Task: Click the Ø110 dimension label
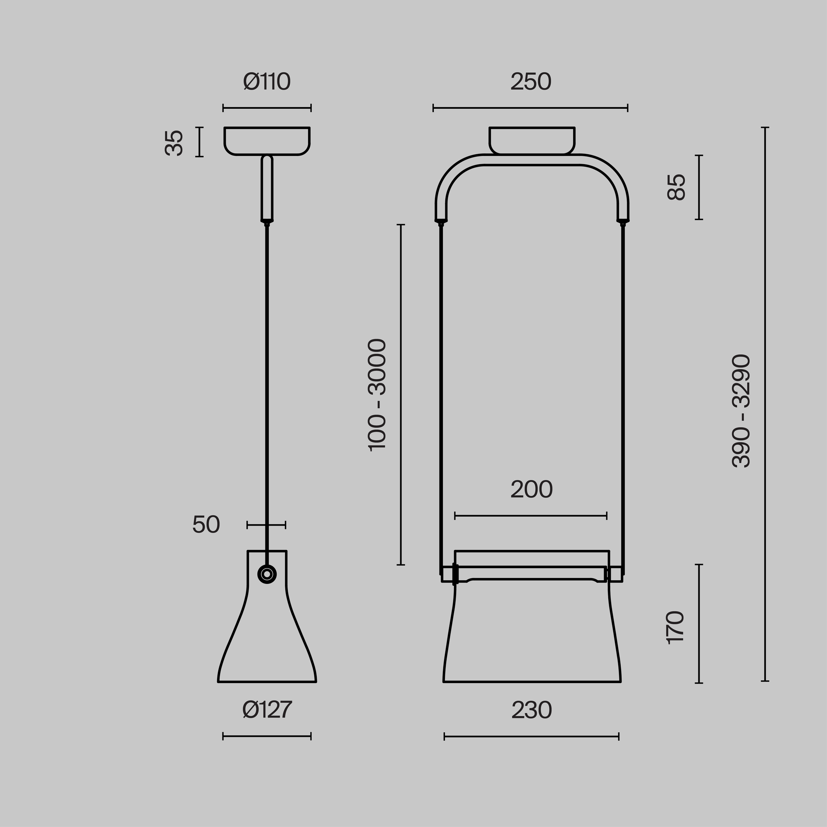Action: (x=267, y=82)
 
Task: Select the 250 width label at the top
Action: (x=531, y=82)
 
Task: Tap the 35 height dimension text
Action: (x=174, y=143)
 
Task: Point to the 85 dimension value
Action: (x=676, y=187)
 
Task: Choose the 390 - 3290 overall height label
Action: (x=741, y=411)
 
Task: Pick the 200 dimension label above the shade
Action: (x=531, y=489)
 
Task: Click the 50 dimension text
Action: (x=206, y=524)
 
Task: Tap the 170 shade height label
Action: (x=676, y=628)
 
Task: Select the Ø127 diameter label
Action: (x=267, y=710)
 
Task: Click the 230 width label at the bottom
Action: (x=532, y=710)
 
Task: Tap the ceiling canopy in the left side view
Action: (x=267, y=141)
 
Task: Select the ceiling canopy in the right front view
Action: (x=532, y=139)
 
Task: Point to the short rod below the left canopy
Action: (x=267, y=188)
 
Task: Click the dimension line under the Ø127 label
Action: (x=267, y=736)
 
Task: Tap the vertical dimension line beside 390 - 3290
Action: (x=765, y=410)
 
